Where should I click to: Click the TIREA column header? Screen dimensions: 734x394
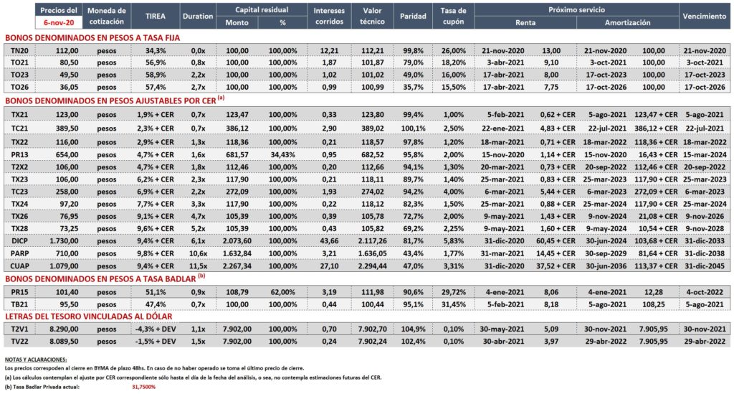(x=155, y=16)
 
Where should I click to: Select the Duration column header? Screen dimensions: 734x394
(x=198, y=16)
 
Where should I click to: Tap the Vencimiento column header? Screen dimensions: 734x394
(x=704, y=16)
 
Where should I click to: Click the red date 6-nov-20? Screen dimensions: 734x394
(x=59, y=22)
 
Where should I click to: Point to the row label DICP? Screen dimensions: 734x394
(x=19, y=241)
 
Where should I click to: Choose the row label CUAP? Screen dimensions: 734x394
(x=19, y=266)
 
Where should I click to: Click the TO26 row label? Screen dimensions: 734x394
(x=19, y=87)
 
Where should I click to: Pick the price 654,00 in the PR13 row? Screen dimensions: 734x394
(x=67, y=154)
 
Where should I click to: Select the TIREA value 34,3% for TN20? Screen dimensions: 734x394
(x=156, y=51)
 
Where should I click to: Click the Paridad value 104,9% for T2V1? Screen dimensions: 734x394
(x=413, y=329)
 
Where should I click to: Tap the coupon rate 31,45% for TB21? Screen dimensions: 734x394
(x=454, y=304)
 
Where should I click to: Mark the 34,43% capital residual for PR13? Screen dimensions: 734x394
(x=282, y=154)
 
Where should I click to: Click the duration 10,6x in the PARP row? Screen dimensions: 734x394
(x=198, y=253)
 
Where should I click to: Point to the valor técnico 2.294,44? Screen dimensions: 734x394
(x=372, y=266)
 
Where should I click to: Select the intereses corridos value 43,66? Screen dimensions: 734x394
(x=329, y=241)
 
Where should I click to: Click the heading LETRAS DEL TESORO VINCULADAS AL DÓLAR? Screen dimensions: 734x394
(x=88, y=316)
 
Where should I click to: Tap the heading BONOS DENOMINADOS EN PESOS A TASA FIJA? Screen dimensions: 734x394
(x=92, y=38)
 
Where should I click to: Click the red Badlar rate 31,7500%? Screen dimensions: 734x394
(x=143, y=387)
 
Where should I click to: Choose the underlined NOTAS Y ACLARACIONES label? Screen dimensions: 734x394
(x=36, y=360)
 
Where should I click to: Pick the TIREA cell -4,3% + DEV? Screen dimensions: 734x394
(x=156, y=329)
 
